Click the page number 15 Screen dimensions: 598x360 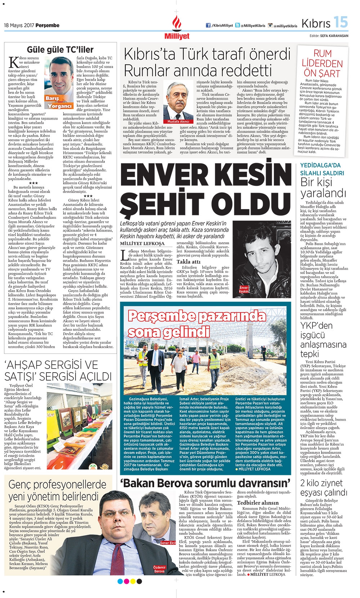coord(340,22)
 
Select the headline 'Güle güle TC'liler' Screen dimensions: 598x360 coord(60,49)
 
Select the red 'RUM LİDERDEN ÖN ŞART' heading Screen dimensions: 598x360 coord(322,63)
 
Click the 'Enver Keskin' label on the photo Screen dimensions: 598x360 coord(244,289)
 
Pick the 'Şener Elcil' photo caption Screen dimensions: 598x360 coord(168,543)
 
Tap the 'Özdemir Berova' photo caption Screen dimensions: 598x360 coord(159,569)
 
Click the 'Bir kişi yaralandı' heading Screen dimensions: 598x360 coord(319,188)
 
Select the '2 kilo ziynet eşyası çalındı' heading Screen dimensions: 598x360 coord(324,487)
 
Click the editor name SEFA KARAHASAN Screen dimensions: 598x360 coord(334,36)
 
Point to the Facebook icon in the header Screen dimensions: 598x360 coord(208,26)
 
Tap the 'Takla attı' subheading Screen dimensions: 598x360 coord(188,262)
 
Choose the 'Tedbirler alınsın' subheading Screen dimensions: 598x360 coord(257,503)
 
